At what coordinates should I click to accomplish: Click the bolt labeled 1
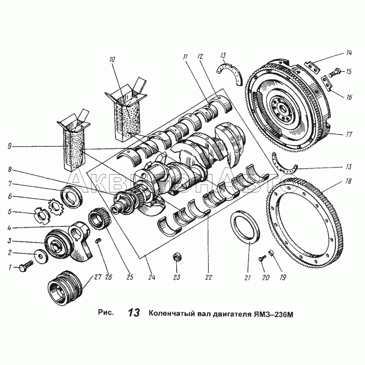[26, 266]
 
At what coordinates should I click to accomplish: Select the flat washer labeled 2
[41, 257]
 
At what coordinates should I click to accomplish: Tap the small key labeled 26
[99, 240]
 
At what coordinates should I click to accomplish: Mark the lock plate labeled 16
[327, 83]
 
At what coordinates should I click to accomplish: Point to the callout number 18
[348, 181]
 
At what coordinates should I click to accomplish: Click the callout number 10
[112, 59]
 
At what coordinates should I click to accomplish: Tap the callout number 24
[151, 277]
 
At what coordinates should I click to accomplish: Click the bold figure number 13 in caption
[134, 313]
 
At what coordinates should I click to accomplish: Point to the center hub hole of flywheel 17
[284, 109]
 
